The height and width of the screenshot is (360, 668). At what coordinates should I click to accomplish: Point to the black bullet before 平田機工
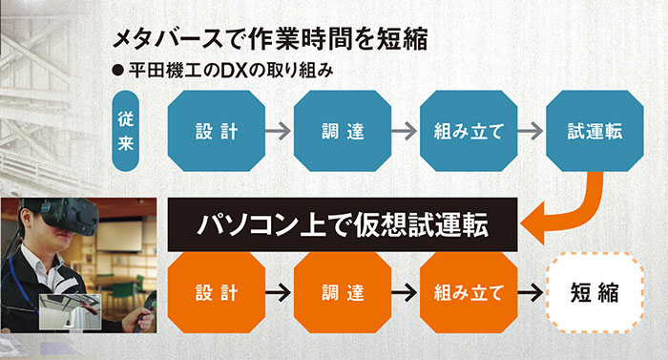[x=118, y=72]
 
